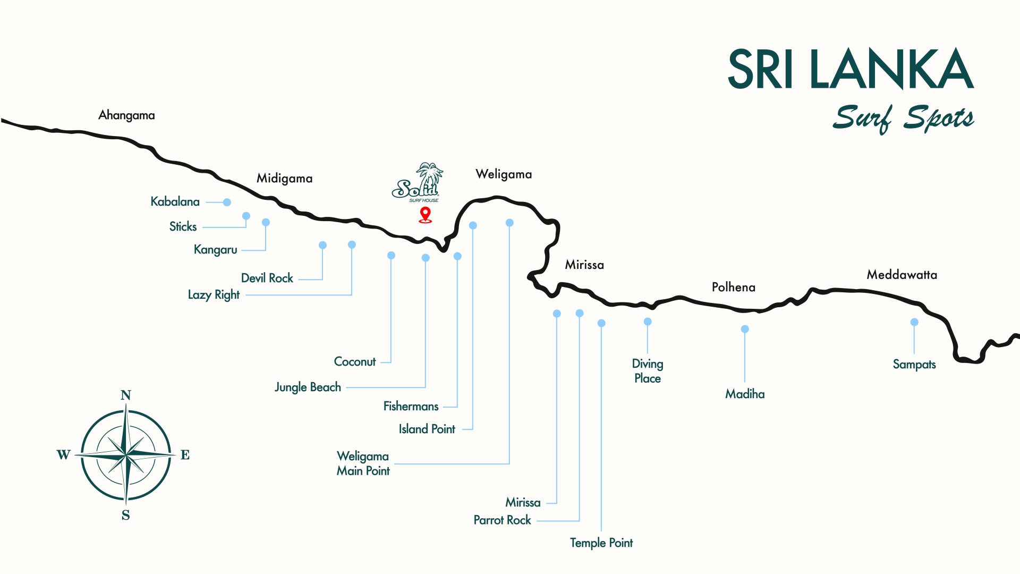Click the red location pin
point(425,214)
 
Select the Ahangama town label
point(126,115)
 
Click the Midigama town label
point(284,179)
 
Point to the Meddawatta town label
point(902,275)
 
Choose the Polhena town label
point(733,288)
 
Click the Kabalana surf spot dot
point(227,202)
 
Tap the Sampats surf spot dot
point(914,322)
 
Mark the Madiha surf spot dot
point(745,329)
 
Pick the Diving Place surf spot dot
point(648,322)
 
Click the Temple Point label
point(601,543)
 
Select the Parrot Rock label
point(502,520)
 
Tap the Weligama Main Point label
point(363,463)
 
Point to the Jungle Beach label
point(308,387)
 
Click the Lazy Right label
point(214,295)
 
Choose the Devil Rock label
point(267,278)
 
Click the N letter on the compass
point(125,395)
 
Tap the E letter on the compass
point(185,455)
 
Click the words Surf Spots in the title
point(903,119)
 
